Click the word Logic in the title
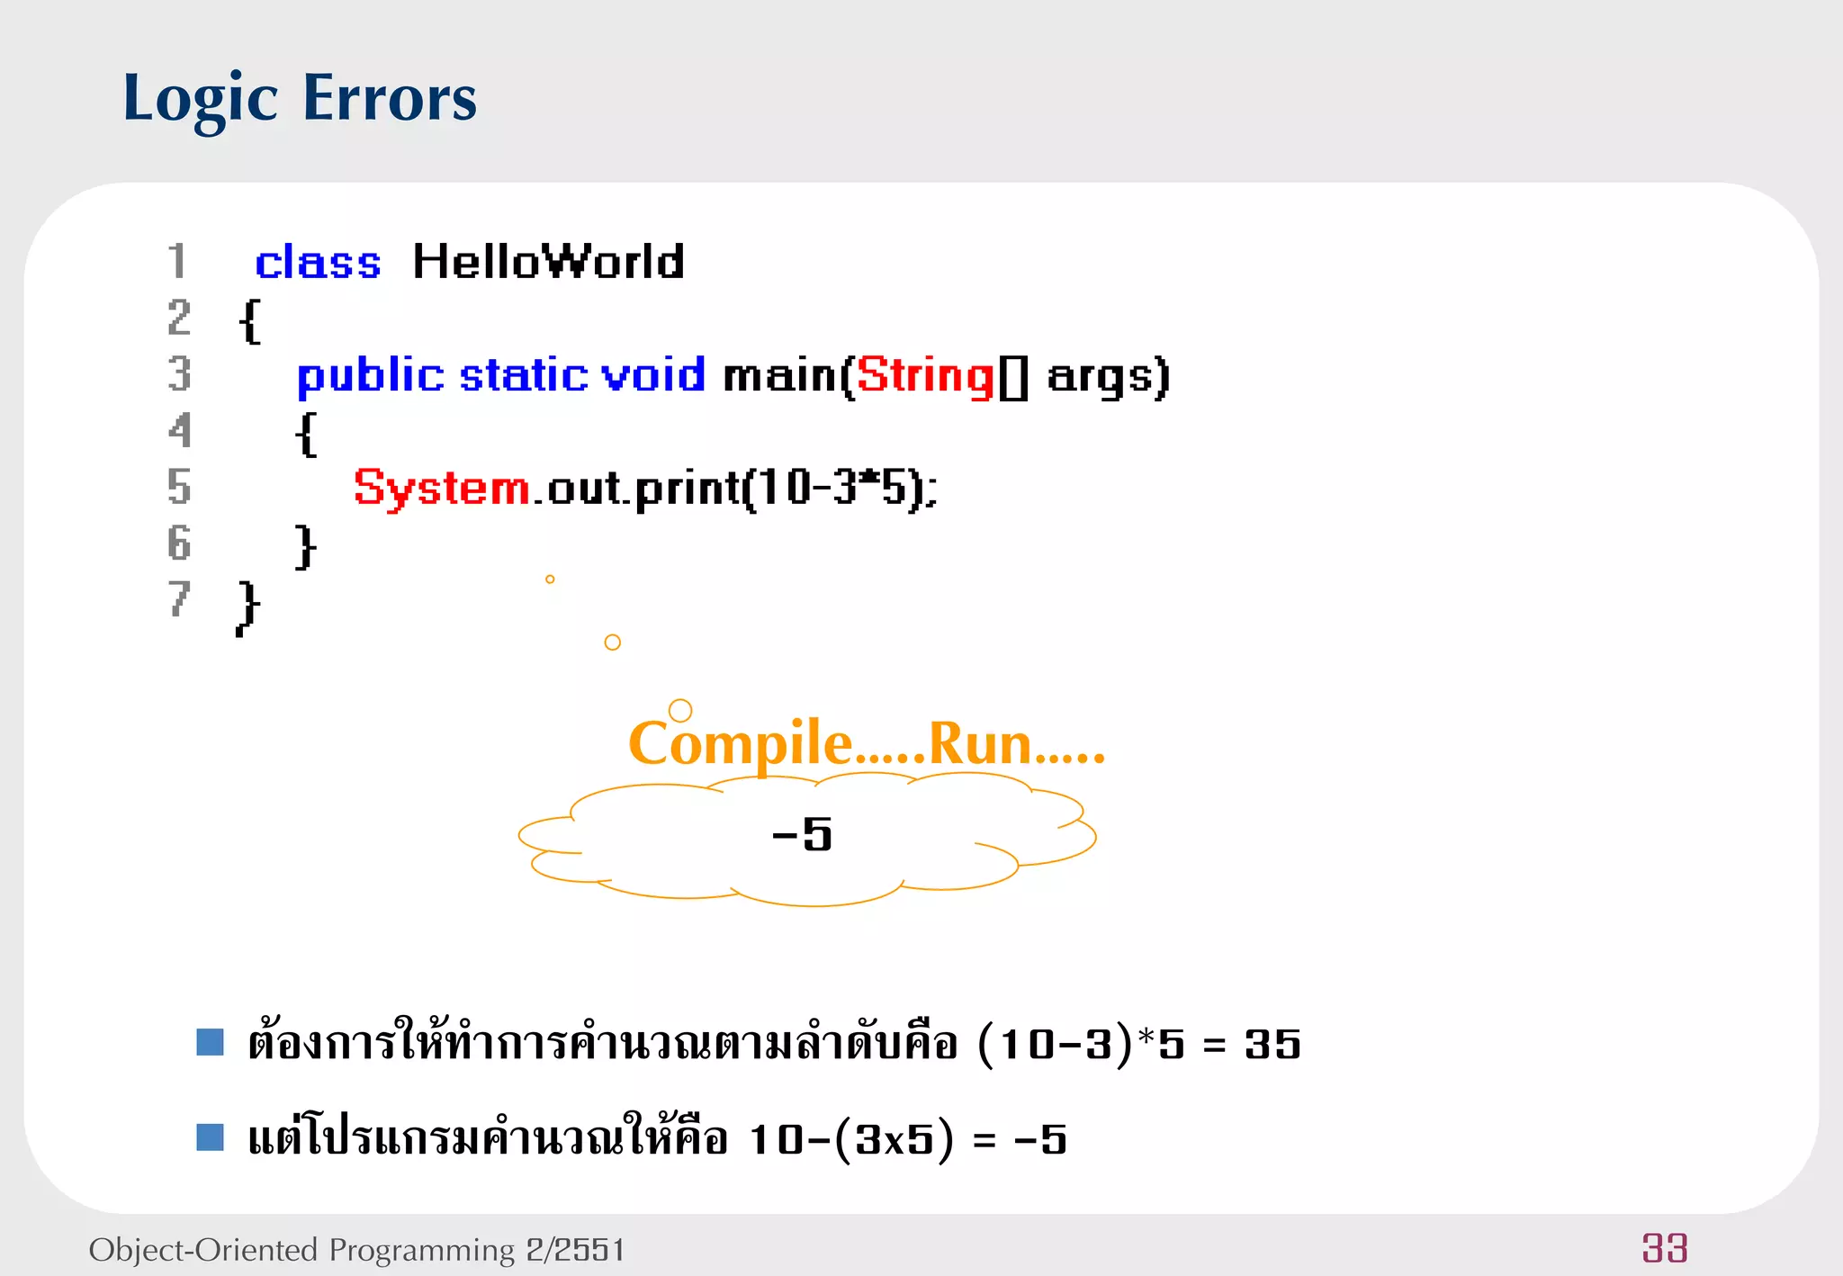[x=200, y=99]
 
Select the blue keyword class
[x=318, y=263]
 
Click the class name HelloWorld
[x=548, y=262]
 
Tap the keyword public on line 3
[x=370, y=375]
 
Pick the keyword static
[x=524, y=375]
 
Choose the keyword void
[x=653, y=374]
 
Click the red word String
[x=924, y=375]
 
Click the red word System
[x=442, y=489]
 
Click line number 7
[x=179, y=599]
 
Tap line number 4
[x=180, y=431]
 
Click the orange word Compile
[x=740, y=744]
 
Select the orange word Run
[x=979, y=744]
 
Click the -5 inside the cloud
[x=802, y=835]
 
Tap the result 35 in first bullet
[x=1272, y=1045]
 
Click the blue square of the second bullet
[x=210, y=1137]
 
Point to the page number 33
[x=1664, y=1248]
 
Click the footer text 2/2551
[x=575, y=1250]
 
